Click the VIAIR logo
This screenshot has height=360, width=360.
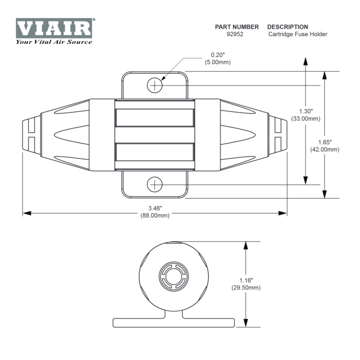pos(54,28)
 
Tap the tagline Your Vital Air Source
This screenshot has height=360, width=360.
pos(54,41)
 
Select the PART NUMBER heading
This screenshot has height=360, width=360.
pos(236,26)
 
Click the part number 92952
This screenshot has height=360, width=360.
pos(236,34)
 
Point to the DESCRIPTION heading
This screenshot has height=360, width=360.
pos(287,26)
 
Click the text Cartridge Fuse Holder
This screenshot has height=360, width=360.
pos(297,34)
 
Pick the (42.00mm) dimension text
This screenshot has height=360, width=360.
pos(325,149)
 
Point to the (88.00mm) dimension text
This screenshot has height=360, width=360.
pos(155,215)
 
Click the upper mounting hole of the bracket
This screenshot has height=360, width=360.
pos(155,85)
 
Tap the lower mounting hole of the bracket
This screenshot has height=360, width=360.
pos(155,184)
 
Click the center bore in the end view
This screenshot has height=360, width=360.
pos(174,276)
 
